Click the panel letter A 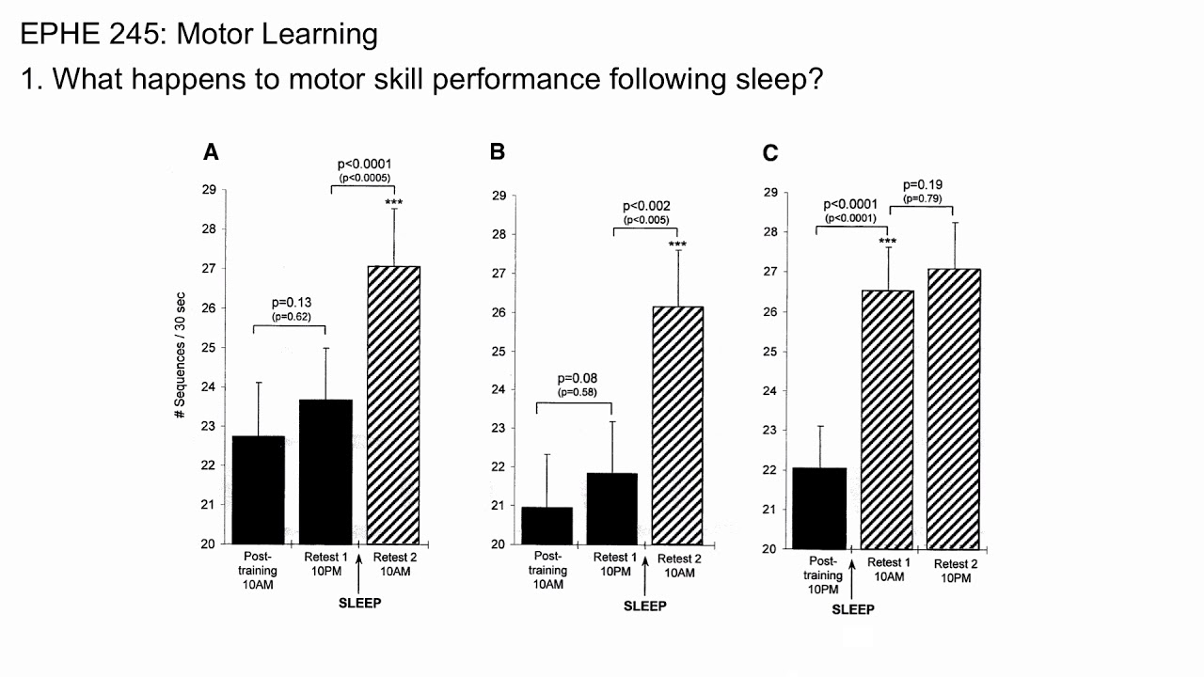(212, 152)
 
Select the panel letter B (498, 152)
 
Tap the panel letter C (770, 152)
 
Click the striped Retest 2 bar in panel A (394, 404)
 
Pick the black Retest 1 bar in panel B (611, 508)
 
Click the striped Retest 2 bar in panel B (677, 425)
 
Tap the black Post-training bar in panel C (820, 508)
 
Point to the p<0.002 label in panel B (647, 206)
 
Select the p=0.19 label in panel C (923, 184)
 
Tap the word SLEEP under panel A (360, 603)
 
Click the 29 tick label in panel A (208, 190)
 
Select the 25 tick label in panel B (499, 351)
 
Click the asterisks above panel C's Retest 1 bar (887, 242)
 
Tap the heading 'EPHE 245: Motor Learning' (198, 35)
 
